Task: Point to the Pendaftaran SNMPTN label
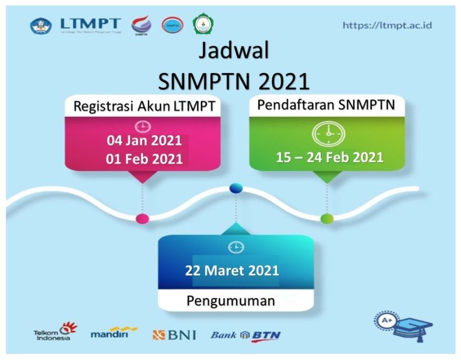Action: [327, 105]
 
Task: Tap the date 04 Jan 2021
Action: [144, 141]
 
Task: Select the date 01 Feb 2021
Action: [144, 159]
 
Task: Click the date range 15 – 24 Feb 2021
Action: [330, 157]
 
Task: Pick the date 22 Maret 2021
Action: [235, 271]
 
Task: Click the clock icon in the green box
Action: [328, 132]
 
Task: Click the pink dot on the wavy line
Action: [142, 218]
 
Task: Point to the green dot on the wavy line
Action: [327, 219]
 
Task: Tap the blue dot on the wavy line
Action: [236, 189]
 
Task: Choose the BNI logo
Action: [174, 334]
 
